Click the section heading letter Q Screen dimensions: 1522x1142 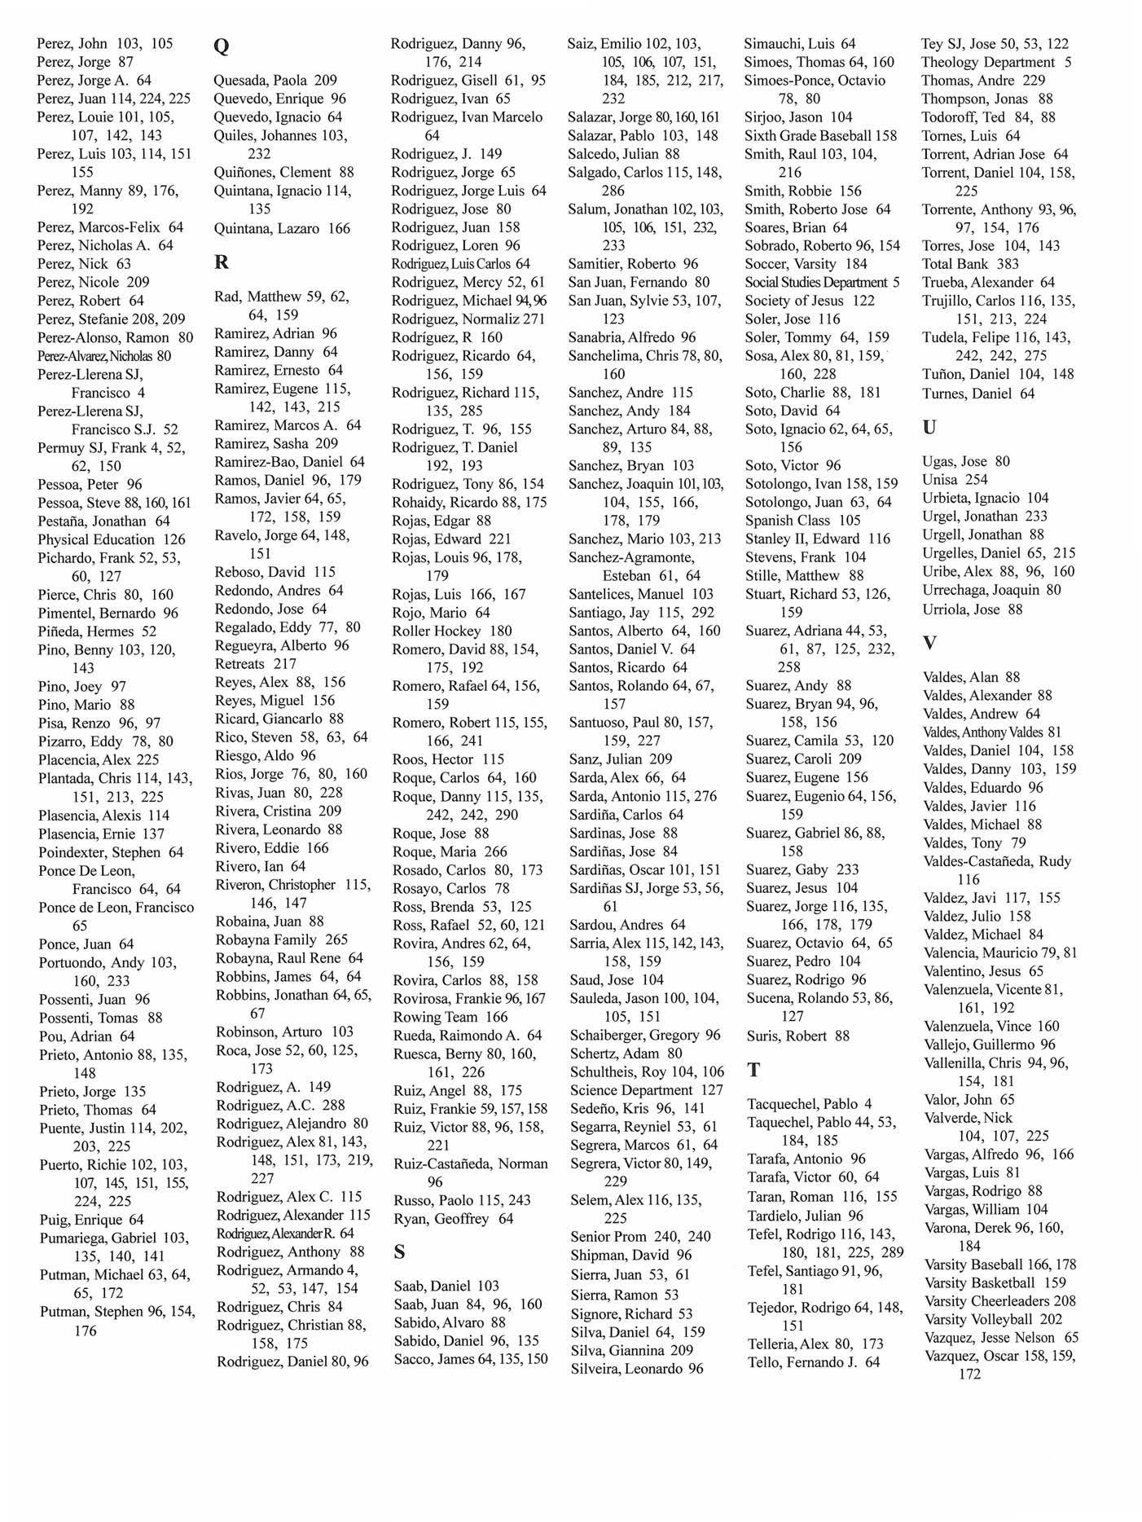click(221, 46)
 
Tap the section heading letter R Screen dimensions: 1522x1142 click(221, 262)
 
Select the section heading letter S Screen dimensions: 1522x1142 click(399, 1252)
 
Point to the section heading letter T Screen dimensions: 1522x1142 click(753, 1070)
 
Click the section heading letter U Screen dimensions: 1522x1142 click(929, 427)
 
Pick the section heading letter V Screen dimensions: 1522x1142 click(929, 643)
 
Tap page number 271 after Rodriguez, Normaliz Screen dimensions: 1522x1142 click(533, 319)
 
